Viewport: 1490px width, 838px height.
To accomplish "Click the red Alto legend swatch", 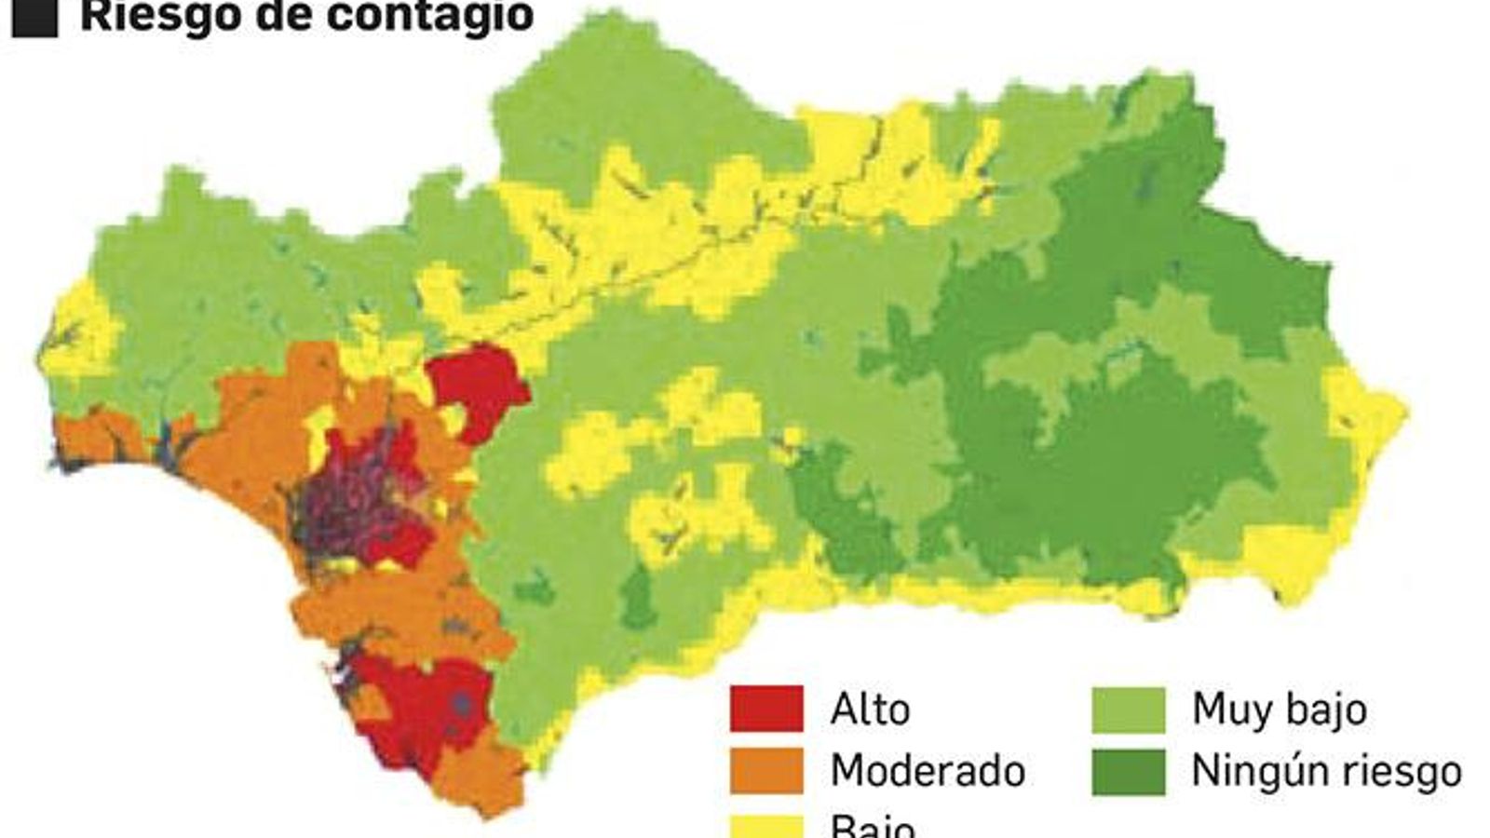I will [x=765, y=710].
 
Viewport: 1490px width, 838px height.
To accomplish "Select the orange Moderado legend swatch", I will [x=765, y=771].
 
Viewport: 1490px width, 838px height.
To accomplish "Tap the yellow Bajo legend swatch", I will [x=765, y=827].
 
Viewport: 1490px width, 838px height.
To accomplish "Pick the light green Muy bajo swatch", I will [x=1128, y=710].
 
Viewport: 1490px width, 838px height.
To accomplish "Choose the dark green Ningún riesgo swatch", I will [x=1128, y=771].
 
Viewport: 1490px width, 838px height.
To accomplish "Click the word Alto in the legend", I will [x=870, y=710].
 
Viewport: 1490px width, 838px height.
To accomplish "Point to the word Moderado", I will [x=928, y=771].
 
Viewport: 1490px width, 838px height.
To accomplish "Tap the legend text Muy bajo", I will [x=1279, y=710].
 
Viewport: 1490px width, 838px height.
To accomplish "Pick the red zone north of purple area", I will [x=478, y=386].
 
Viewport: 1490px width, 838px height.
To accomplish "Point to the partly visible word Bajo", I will [x=873, y=827].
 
